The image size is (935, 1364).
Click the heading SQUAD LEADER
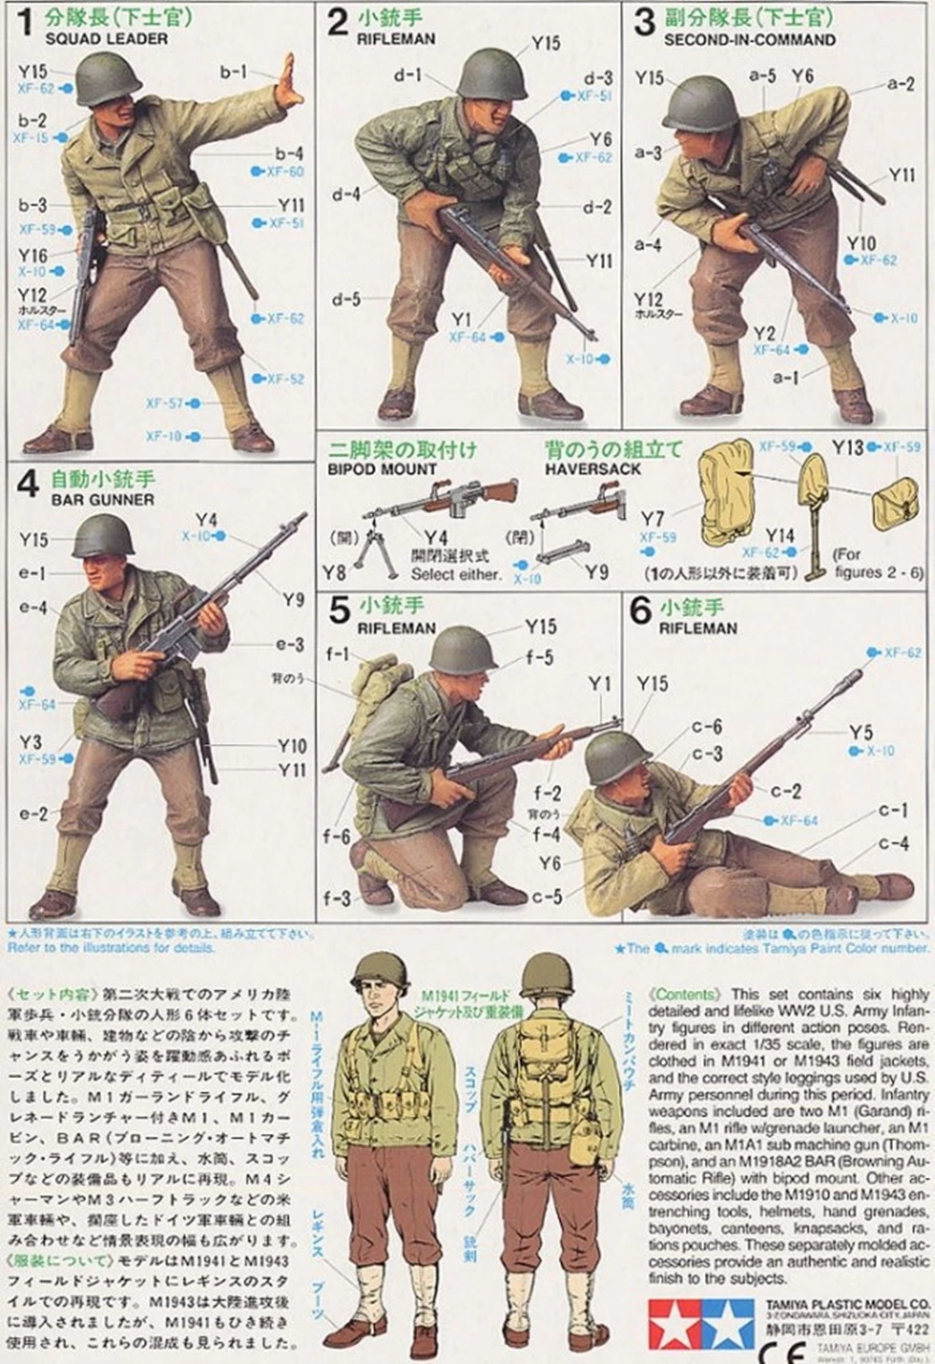coord(107,39)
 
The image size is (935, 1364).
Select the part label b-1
coord(233,71)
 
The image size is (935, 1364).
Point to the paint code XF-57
coord(165,404)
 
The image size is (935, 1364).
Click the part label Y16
coord(32,255)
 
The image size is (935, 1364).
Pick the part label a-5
coord(762,76)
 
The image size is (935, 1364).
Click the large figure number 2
coord(337,22)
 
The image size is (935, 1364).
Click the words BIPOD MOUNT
coord(381,469)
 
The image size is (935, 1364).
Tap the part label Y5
coord(860,732)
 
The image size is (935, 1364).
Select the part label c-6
coord(706,726)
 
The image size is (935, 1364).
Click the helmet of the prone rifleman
coord(617,754)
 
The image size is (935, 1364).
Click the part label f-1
coord(338,654)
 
